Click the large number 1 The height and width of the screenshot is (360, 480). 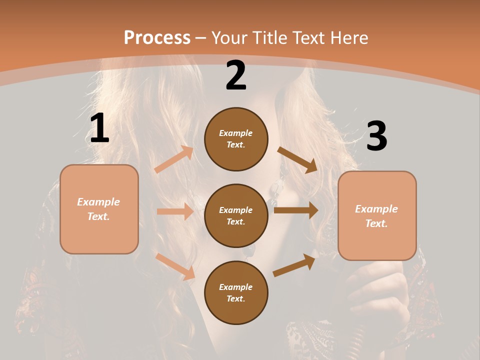[x=99, y=128]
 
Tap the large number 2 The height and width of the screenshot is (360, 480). [x=236, y=75]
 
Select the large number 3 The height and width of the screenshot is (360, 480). [x=376, y=136]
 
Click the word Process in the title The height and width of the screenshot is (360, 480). [x=157, y=37]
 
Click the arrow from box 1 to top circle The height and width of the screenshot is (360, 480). [x=174, y=159]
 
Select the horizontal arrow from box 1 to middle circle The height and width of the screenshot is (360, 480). [x=175, y=211]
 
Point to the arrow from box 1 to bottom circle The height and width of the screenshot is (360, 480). [x=175, y=266]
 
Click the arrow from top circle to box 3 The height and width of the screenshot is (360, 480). [x=297, y=160]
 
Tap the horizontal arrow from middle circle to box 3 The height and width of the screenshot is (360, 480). [x=296, y=210]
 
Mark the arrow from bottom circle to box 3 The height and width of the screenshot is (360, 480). [x=294, y=265]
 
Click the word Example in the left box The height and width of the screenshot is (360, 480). [x=98, y=202]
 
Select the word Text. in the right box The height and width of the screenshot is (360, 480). [x=376, y=223]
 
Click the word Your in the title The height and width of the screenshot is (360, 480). [x=228, y=37]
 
